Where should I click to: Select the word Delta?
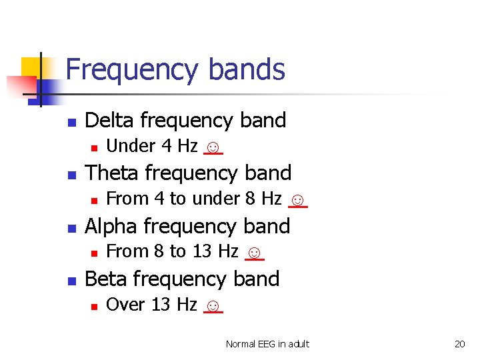[110, 120]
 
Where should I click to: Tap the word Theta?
[112, 173]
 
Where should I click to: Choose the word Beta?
[107, 279]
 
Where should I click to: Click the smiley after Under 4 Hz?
[213, 147]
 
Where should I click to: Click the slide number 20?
[459, 344]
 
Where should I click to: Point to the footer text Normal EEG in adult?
[267, 344]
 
